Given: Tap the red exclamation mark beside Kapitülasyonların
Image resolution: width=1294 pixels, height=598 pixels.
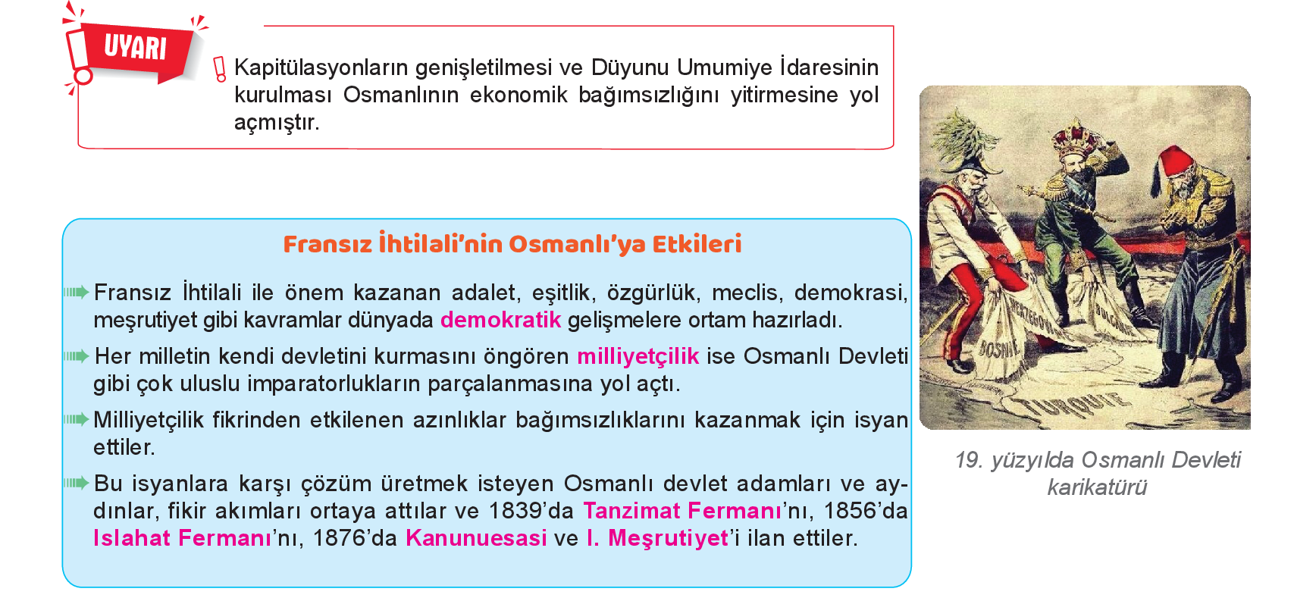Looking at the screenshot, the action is click(x=220, y=69).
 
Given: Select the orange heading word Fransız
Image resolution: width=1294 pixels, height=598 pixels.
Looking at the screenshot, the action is click(x=327, y=244).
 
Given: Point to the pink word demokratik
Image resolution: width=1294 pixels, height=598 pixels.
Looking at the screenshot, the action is click(x=500, y=320).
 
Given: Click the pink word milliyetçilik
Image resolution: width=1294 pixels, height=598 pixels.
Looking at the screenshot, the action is click(x=638, y=357).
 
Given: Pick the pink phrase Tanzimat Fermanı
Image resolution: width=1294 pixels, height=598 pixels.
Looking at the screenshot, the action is click(x=682, y=511).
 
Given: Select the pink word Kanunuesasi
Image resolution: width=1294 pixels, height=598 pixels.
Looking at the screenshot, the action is click(x=476, y=538).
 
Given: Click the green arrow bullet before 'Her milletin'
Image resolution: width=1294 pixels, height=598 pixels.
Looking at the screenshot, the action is click(x=77, y=356).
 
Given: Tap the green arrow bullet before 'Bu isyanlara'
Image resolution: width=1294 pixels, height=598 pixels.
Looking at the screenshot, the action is click(x=77, y=483).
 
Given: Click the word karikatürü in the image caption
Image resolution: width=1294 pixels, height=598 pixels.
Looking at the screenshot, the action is click(x=1096, y=487).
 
